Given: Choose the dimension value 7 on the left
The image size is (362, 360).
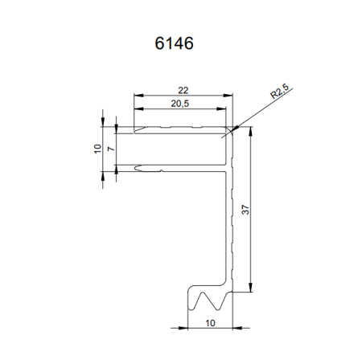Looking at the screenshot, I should (110, 148).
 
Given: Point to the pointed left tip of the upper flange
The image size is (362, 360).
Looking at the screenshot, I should (136, 128).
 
